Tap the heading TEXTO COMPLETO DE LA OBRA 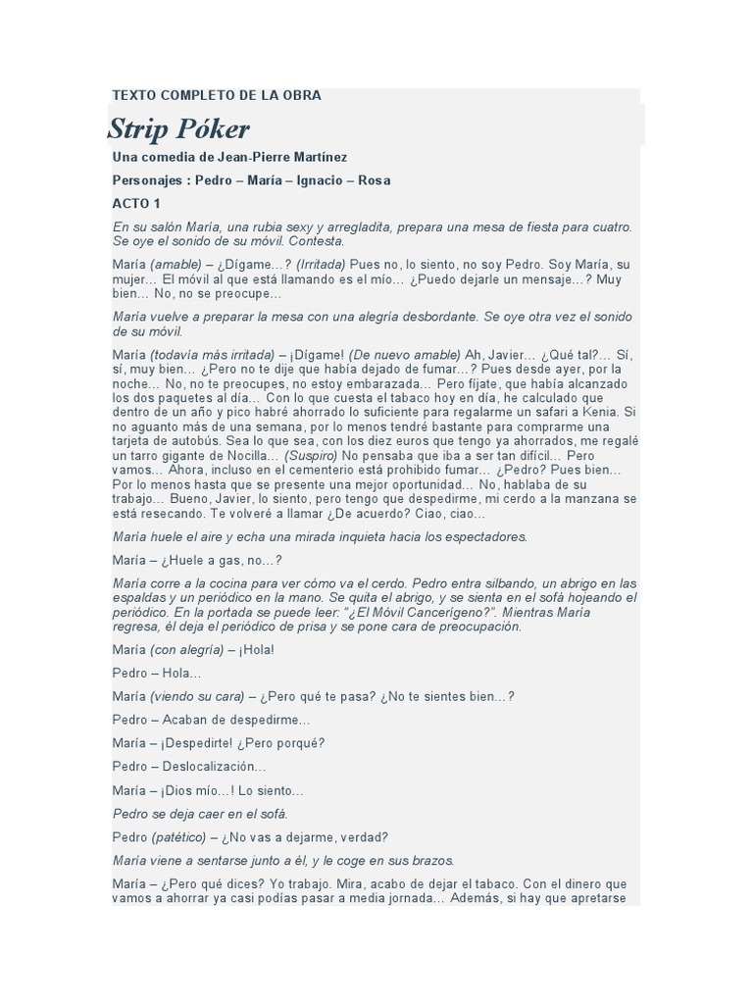[x=217, y=96]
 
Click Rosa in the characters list [x=375, y=180]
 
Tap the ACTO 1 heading [x=136, y=204]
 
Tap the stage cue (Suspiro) [x=312, y=457]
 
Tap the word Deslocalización [x=214, y=766]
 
